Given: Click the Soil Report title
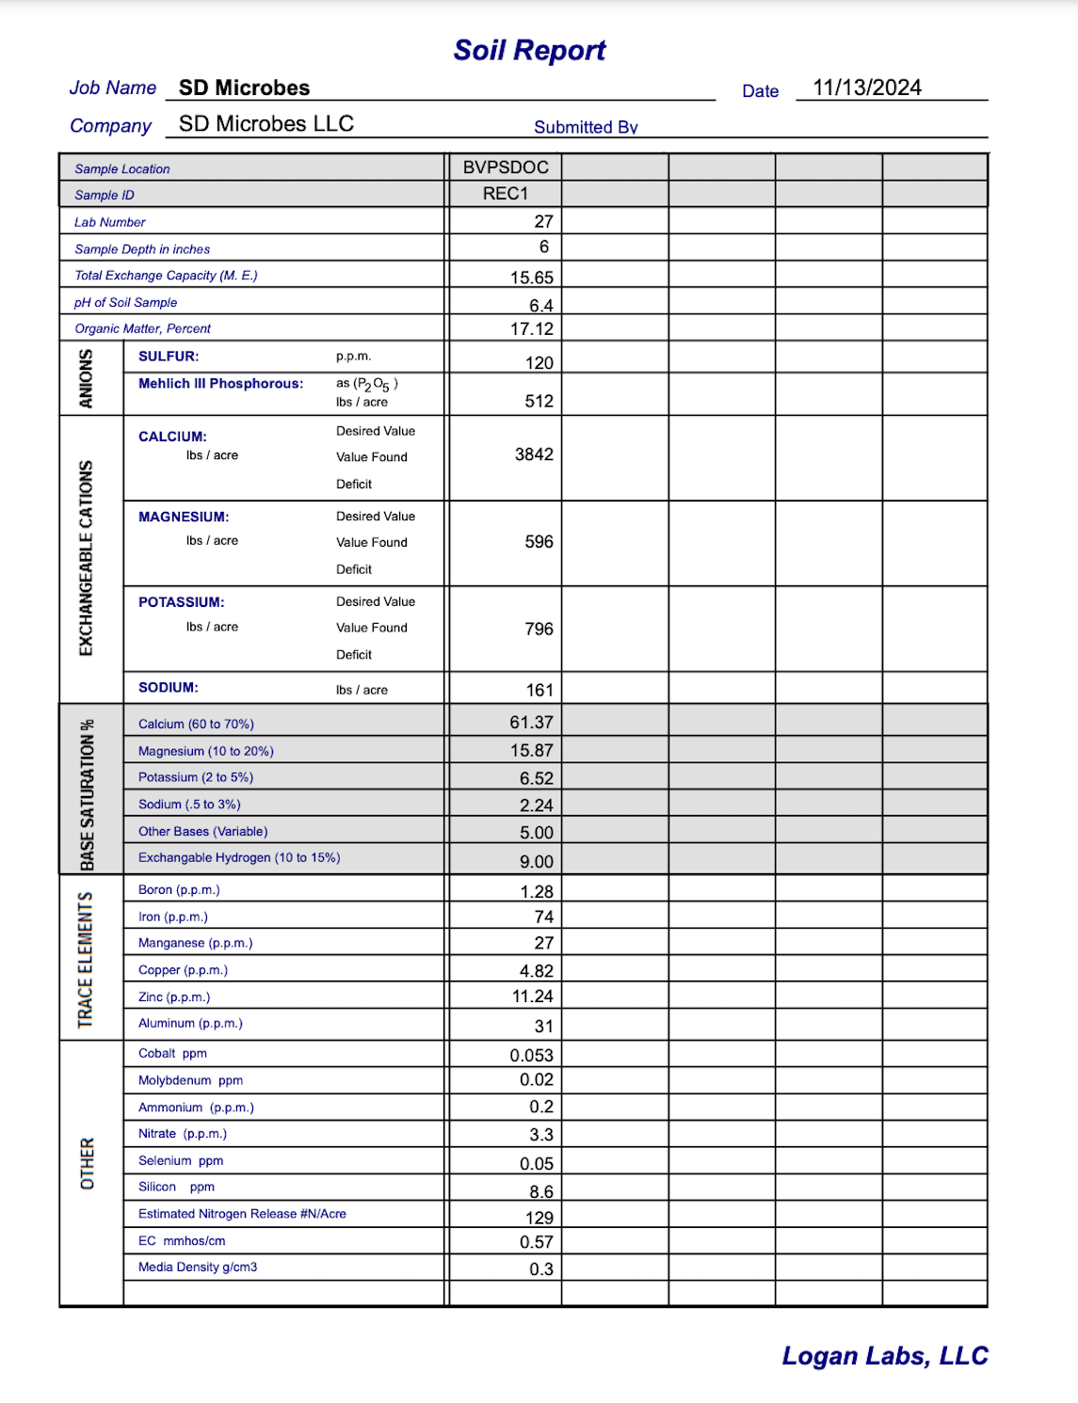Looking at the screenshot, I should click(x=529, y=51).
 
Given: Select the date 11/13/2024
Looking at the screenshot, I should click(x=867, y=88).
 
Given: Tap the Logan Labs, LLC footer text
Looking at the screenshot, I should click(x=884, y=1356).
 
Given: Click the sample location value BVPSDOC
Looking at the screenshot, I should click(x=506, y=167).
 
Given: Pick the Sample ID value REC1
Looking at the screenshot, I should click(x=506, y=194).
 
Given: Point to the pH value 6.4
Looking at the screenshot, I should click(x=541, y=306).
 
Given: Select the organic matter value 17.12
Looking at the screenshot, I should click(x=532, y=329).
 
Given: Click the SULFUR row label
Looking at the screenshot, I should click(x=169, y=357).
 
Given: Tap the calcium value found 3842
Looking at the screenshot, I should click(x=534, y=454).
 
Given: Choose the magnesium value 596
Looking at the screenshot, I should click(x=539, y=542).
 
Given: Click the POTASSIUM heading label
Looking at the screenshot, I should click(x=182, y=602).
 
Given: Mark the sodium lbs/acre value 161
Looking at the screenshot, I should click(x=539, y=691).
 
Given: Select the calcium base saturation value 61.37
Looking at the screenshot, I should click(x=531, y=723).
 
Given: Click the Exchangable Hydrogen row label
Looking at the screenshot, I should click(x=239, y=858).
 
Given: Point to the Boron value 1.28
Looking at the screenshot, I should click(x=537, y=892).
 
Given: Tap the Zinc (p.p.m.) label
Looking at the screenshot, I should click(x=174, y=997).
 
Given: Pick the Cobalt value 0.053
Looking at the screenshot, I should click(x=532, y=1056).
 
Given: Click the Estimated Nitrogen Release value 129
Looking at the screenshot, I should click(x=539, y=1218).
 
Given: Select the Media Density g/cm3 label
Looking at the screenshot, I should click(x=198, y=1267).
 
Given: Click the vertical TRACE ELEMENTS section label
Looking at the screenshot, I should click(x=86, y=959).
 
